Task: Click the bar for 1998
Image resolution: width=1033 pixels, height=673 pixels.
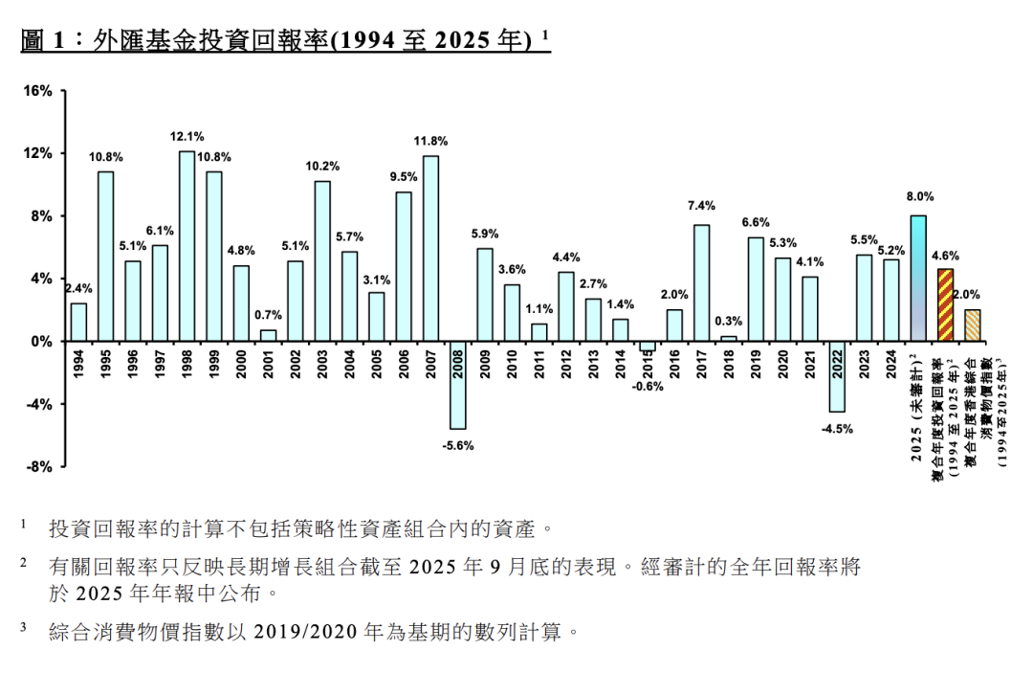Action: pos(187,246)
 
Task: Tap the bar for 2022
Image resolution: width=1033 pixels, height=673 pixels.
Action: pos(837,376)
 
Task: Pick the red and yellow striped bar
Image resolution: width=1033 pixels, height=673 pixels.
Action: pos(945,305)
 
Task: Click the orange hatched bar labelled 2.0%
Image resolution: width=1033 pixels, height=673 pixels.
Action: pos(972,325)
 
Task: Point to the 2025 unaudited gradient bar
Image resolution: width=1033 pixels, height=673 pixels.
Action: pos(918,279)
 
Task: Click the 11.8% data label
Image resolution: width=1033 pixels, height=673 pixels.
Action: pos(430,141)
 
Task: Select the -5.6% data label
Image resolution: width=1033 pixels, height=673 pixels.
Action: pos(458,445)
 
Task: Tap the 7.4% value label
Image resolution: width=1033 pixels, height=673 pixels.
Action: pos(701,205)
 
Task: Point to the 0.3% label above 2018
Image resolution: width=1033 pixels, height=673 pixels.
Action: pos(729,321)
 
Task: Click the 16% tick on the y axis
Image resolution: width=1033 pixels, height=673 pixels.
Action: pos(37,91)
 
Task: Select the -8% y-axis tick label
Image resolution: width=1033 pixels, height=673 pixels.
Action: pos(38,467)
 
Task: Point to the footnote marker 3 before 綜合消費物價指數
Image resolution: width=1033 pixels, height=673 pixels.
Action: pos(24,627)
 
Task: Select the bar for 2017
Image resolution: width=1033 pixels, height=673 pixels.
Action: pos(701,283)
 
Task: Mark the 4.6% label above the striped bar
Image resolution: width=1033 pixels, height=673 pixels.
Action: pos(944,256)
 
